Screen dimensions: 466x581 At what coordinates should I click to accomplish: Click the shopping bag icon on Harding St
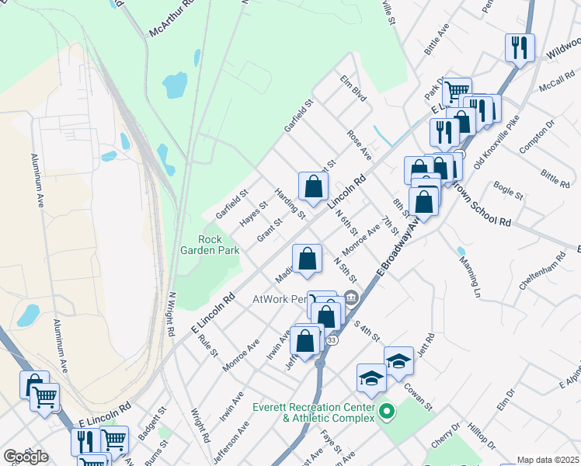coord(313,186)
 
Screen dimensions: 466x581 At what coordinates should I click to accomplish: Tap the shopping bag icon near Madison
coord(307,259)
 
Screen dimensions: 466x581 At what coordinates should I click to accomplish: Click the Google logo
coord(26,457)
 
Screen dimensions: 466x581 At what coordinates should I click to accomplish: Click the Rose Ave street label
coord(359,145)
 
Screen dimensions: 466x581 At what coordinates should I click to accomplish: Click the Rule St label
coord(207,346)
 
